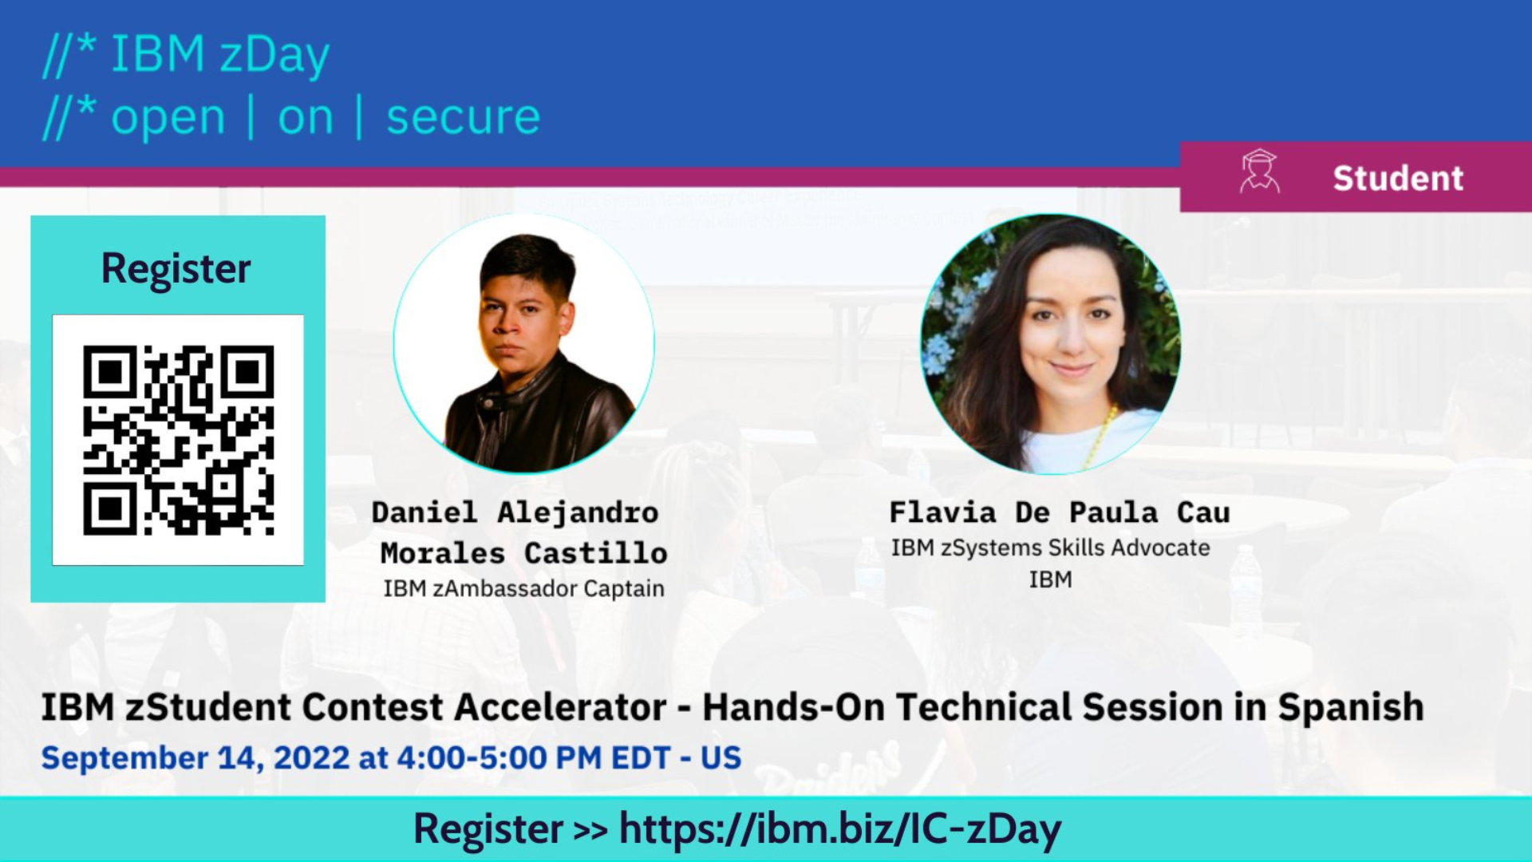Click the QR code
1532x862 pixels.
(178, 440)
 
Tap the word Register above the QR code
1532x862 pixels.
(176, 269)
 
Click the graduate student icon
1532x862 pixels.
(1259, 172)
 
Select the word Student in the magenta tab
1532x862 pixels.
(1398, 178)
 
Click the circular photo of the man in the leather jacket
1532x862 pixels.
(524, 343)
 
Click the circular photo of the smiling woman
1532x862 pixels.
(1051, 343)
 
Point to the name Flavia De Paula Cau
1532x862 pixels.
(1060, 512)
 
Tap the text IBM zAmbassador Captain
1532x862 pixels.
(523, 588)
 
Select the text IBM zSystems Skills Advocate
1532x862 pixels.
(1050, 548)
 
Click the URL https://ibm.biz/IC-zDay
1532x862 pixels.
(840, 828)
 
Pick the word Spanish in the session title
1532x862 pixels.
(1351, 707)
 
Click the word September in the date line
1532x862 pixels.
(124, 758)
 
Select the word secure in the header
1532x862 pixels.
(463, 117)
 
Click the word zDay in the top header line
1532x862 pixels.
(274, 56)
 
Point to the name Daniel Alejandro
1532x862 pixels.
(515, 512)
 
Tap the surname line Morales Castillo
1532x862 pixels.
(523, 553)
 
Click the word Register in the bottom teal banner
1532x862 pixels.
(488, 830)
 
